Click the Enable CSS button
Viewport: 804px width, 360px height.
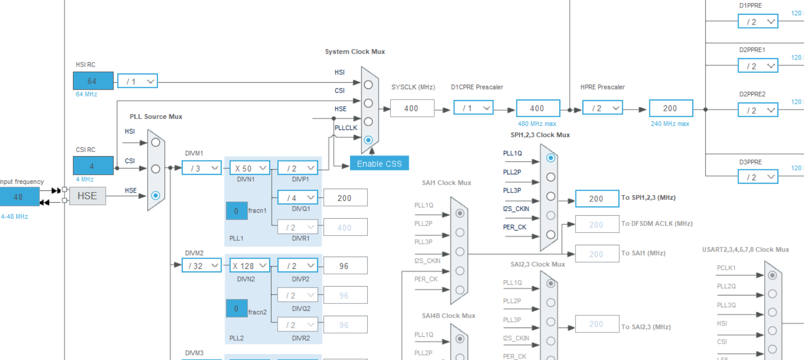(379, 164)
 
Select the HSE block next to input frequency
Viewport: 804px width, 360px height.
(87, 196)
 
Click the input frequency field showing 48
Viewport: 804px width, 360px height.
(19, 196)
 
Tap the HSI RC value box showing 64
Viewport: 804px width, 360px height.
(93, 81)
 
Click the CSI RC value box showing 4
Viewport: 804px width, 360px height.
(93, 166)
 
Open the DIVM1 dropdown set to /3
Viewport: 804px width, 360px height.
(201, 168)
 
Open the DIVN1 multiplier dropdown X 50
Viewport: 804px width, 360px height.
(250, 168)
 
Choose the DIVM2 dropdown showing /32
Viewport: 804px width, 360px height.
(201, 266)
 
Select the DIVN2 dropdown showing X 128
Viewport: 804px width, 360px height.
(250, 266)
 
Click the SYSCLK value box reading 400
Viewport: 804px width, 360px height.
(412, 108)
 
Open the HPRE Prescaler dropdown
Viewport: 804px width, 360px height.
(602, 108)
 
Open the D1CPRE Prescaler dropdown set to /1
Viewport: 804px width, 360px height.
(473, 108)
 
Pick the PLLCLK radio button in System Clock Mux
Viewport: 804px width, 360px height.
(368, 140)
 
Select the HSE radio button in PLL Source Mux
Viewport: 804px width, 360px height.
(156, 196)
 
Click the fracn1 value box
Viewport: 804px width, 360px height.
(236, 211)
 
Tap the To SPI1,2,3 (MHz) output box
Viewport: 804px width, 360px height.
(596, 198)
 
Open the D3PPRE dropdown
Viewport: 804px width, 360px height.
(758, 177)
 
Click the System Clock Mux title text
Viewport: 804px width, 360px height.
(354, 52)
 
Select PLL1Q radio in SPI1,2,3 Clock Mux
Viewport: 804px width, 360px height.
(551, 158)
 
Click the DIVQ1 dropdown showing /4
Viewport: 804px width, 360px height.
(297, 198)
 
